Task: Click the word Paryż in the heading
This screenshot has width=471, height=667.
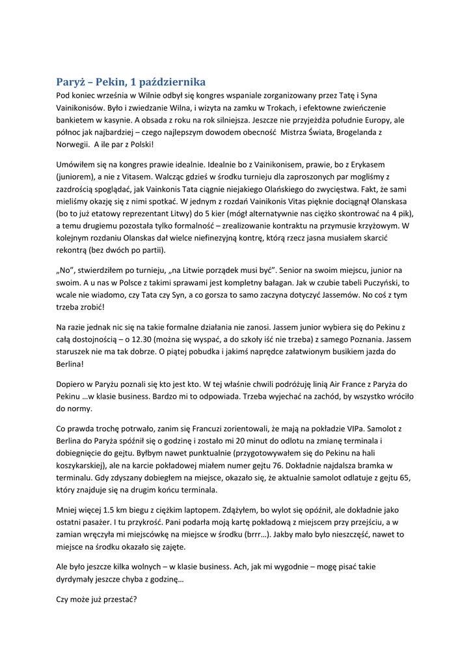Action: (x=70, y=82)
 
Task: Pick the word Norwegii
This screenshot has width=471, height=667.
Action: (x=72, y=145)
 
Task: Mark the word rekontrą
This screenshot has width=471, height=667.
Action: (x=74, y=250)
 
